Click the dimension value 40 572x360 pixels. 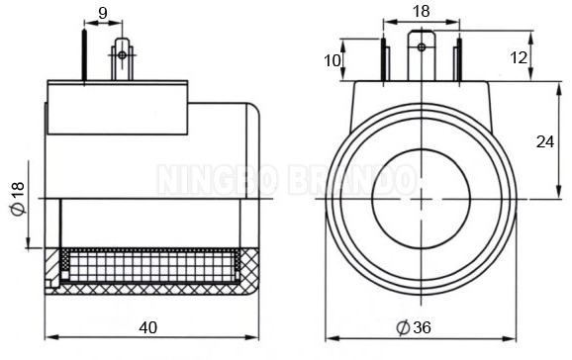point(148,327)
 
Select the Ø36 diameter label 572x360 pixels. point(414,327)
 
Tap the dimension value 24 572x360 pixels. point(544,141)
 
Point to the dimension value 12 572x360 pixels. point(519,57)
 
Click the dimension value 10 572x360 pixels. point(332,60)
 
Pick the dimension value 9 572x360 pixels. point(103,14)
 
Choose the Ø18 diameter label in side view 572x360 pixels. point(18,198)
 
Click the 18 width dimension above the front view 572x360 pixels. point(422,11)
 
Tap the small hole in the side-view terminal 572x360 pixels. point(122,55)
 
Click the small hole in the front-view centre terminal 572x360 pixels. point(422,46)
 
